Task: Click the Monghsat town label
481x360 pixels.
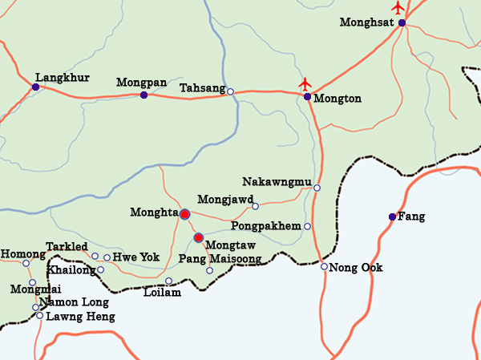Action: [x=366, y=22]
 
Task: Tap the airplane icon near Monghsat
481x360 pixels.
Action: [x=398, y=8]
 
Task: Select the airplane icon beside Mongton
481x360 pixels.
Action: [x=305, y=83]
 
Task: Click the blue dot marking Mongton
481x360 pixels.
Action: [x=307, y=97]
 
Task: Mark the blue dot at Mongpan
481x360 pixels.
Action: [x=143, y=95]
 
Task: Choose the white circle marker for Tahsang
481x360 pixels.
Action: [x=230, y=91]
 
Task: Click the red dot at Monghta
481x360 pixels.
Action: [x=184, y=214]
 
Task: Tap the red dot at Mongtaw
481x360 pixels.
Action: [x=198, y=237]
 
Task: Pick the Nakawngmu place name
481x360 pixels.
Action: [x=276, y=182]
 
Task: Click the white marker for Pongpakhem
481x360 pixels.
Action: [x=307, y=227]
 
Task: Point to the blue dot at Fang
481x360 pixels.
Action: [x=392, y=217]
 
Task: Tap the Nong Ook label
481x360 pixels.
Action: [x=356, y=267]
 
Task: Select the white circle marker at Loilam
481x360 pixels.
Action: [x=168, y=281]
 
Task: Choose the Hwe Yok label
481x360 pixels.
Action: [x=136, y=257]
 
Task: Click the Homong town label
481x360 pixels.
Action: [x=22, y=254]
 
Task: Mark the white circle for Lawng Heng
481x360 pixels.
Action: [x=39, y=316]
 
